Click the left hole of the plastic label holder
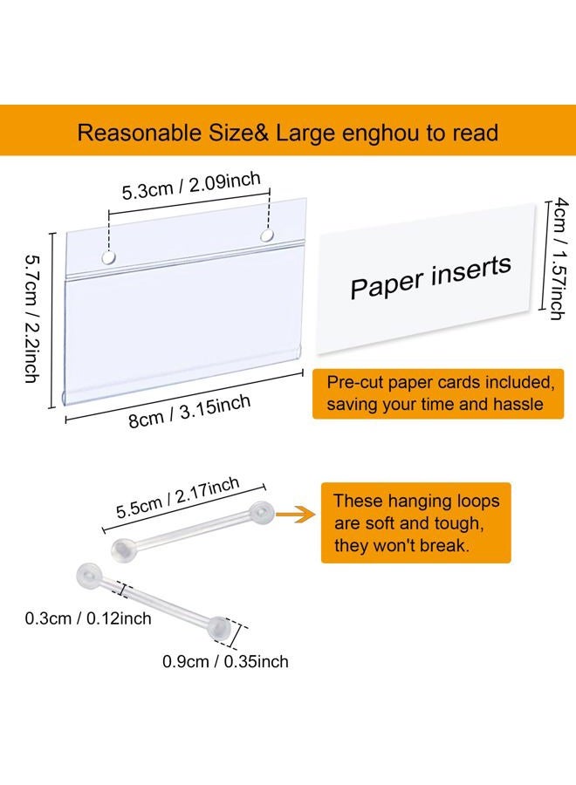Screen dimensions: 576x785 coord(109,257)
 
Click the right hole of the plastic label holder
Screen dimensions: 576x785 coord(267,235)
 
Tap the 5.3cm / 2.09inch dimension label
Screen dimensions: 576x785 coord(191,186)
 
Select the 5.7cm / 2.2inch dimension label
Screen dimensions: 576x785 coord(31,319)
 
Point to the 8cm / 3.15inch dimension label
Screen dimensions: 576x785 coord(189,412)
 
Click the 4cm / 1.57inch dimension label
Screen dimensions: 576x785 coord(559,258)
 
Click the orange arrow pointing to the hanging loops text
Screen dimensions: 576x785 coord(296,514)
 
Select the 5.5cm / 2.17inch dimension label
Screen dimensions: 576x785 coord(178,498)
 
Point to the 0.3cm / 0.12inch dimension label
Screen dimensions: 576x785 coord(88,618)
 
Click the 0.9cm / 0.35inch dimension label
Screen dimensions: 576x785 coord(225,661)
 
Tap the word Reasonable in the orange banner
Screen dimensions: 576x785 coord(139,133)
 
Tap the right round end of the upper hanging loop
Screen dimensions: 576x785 coord(262,513)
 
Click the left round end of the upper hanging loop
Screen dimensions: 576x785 coord(123,550)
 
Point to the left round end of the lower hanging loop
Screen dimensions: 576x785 coord(90,576)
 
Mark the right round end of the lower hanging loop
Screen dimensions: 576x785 coord(219,628)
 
